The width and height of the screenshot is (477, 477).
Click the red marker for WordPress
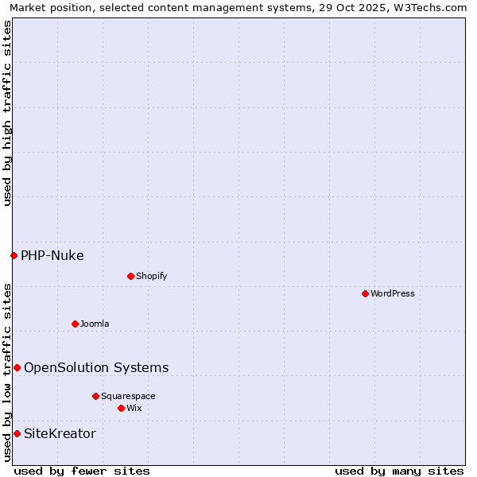point(365,293)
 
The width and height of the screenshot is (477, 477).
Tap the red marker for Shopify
point(130,276)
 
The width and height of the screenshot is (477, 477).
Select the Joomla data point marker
point(75,324)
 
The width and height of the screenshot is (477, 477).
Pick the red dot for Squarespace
point(95,396)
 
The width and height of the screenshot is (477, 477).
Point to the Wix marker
point(121,408)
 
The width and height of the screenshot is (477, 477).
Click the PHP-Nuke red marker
point(14,255)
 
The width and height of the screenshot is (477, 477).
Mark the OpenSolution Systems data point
point(17,367)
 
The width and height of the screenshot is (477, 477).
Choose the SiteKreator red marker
point(17,433)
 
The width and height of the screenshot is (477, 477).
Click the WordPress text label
point(393,293)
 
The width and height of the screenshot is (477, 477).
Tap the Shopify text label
point(151,276)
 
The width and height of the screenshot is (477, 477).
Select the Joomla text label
point(95,324)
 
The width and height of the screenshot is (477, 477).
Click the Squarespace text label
point(128,396)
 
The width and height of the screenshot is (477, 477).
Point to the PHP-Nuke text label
point(52,255)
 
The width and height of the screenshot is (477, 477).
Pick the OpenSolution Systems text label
point(96,367)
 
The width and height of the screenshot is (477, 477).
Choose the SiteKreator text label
point(60,433)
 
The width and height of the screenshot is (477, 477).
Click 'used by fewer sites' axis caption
point(82,471)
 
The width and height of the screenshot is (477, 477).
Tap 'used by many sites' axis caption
point(399,471)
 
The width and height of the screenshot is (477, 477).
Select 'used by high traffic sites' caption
point(7,113)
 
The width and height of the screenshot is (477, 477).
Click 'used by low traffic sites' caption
point(7,372)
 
